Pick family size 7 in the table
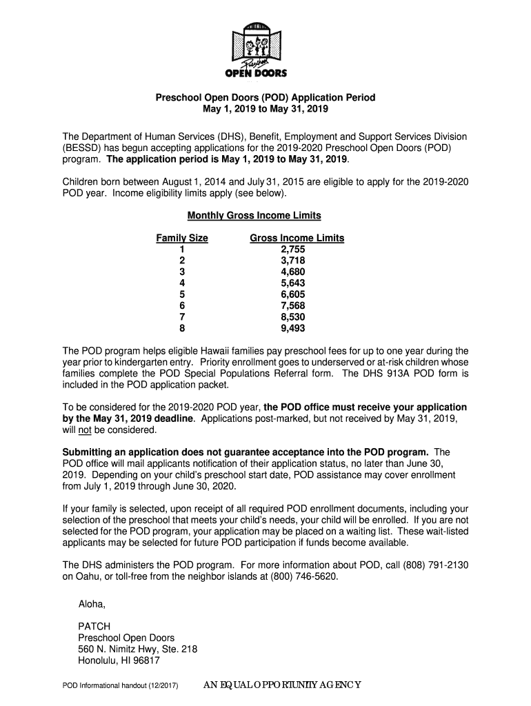[x=182, y=317]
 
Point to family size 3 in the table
[x=182, y=272]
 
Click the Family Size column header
[x=182, y=239]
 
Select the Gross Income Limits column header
[x=297, y=239]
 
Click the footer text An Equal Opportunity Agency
[x=283, y=685]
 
